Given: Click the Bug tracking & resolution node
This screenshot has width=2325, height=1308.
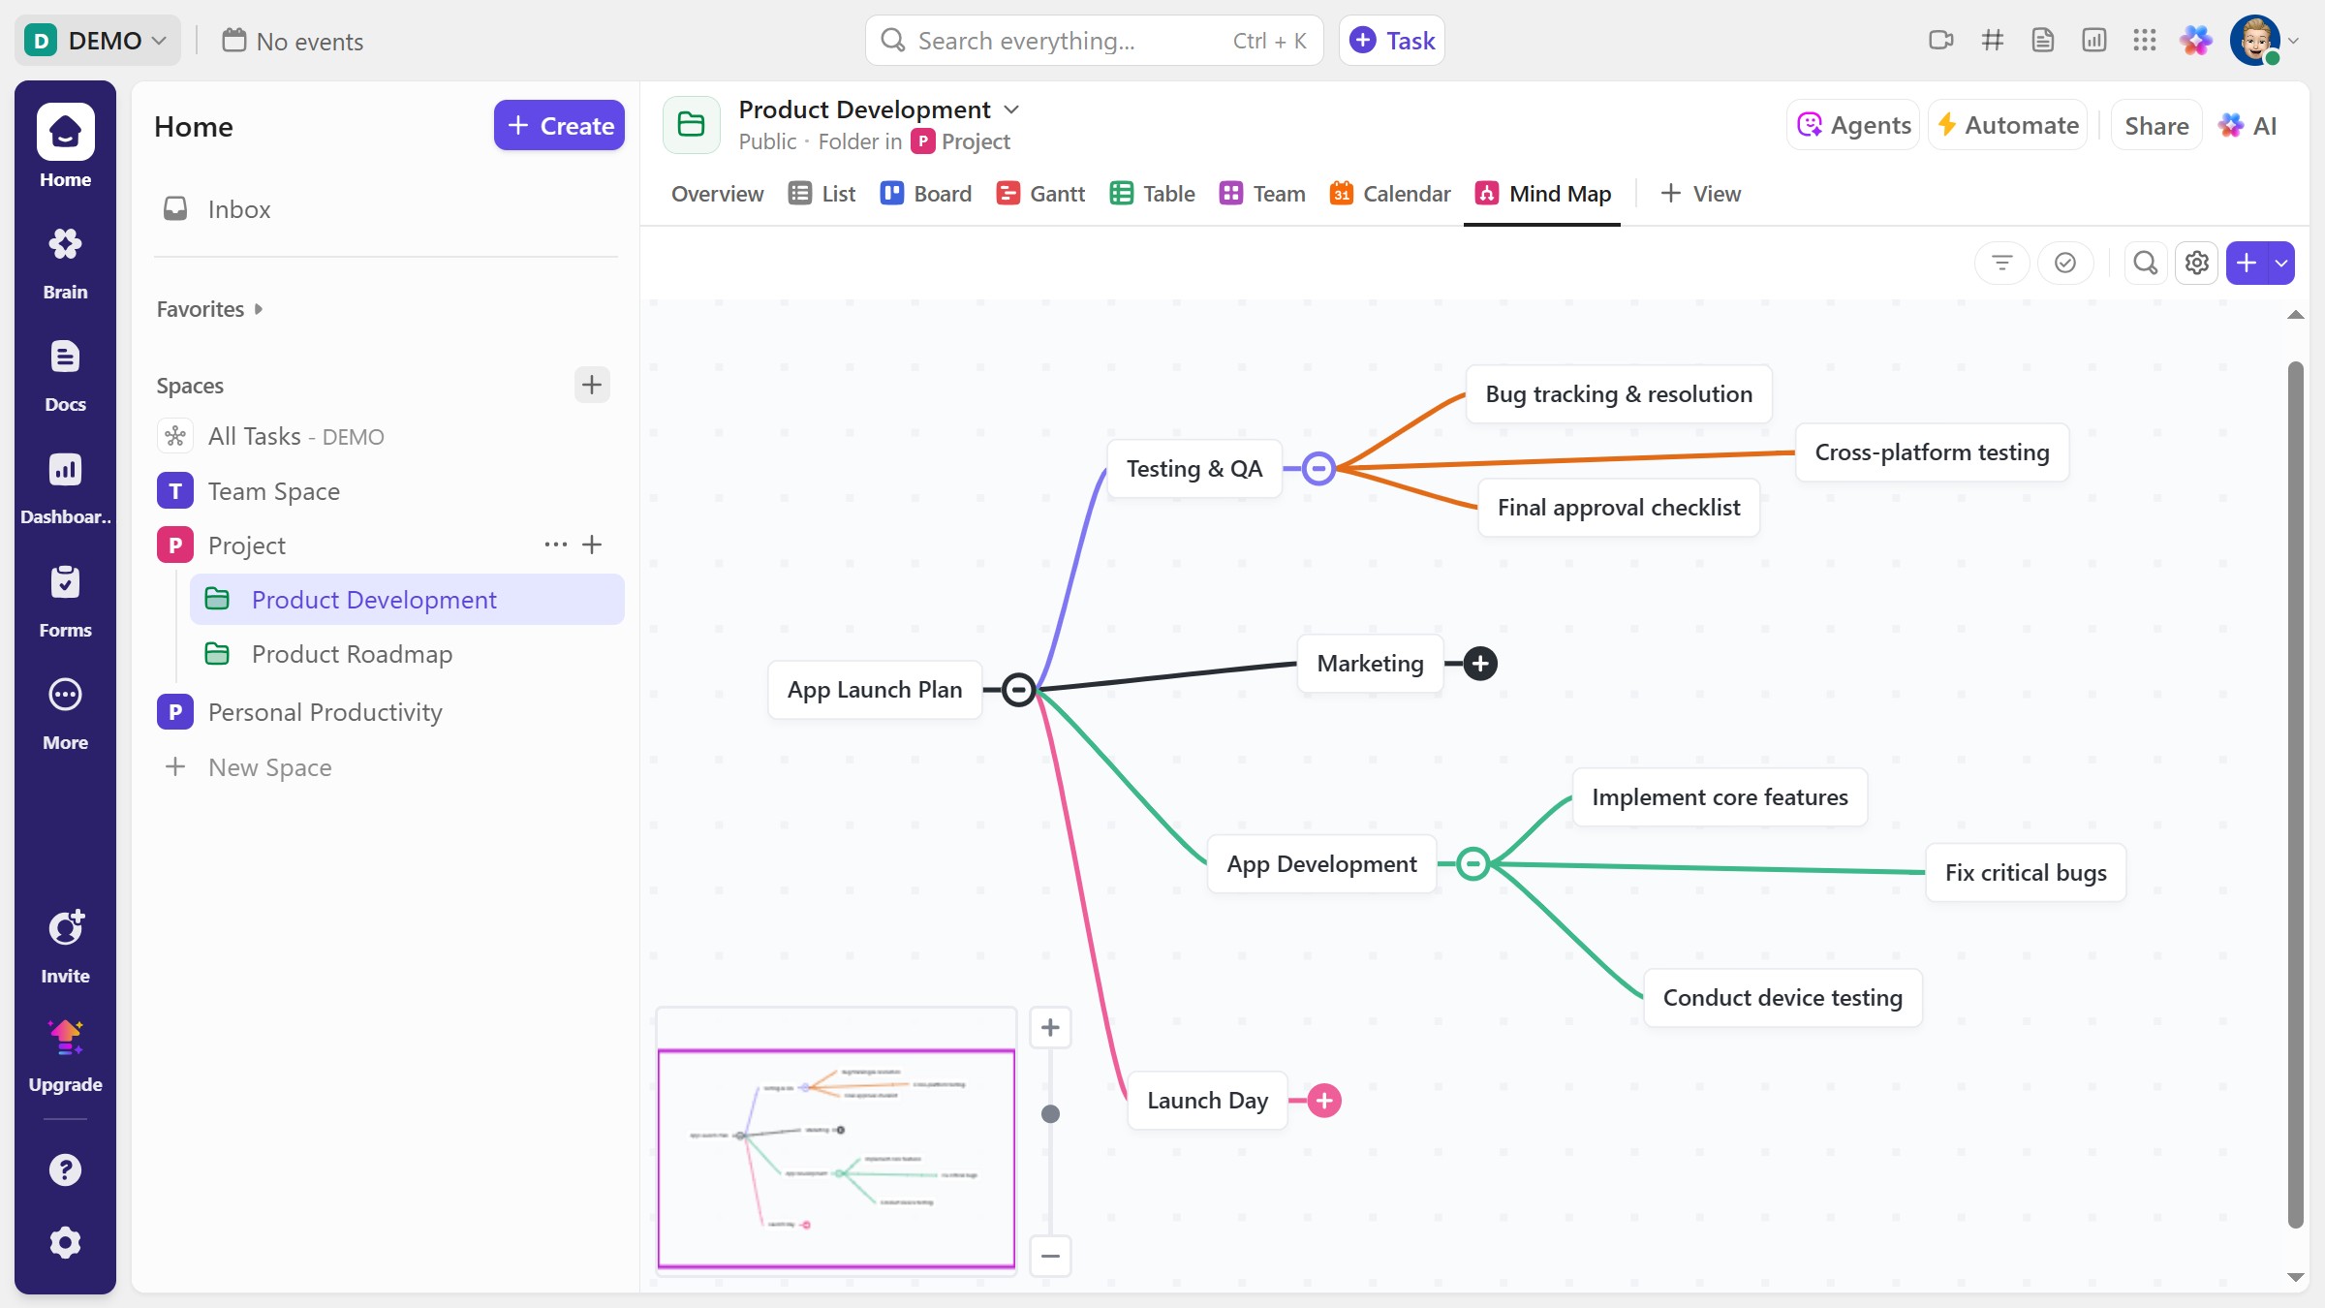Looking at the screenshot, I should pos(1618,394).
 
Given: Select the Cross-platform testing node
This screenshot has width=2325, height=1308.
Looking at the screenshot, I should pos(1931,452).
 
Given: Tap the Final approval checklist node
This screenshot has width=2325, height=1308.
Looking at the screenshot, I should pos(1618,508).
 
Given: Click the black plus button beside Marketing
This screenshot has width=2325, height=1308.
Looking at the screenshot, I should pos(1479,664).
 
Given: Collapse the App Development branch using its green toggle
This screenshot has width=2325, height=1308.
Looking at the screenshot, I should pos(1472,863).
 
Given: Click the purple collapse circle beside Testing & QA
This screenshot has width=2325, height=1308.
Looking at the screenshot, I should pos(1317,469).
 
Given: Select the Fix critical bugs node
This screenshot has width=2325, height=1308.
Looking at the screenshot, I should pos(2025,873).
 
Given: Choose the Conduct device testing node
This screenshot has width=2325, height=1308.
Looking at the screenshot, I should pos(1782,998).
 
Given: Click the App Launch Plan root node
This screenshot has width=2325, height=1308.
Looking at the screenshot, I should pos(874,690).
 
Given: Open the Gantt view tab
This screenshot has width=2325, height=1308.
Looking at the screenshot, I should pos(1040,194).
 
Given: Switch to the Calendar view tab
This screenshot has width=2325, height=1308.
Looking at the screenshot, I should pos(1390,194).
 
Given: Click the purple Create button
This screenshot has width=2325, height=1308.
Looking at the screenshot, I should pos(559,126).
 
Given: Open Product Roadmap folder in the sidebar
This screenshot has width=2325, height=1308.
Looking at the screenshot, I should pos(352,655).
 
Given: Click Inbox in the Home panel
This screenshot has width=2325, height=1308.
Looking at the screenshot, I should pos(238,209).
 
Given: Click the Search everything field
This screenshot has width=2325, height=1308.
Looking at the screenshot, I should pos(1066,41).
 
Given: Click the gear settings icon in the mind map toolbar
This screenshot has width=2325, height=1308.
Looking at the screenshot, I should pos(2196,263).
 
